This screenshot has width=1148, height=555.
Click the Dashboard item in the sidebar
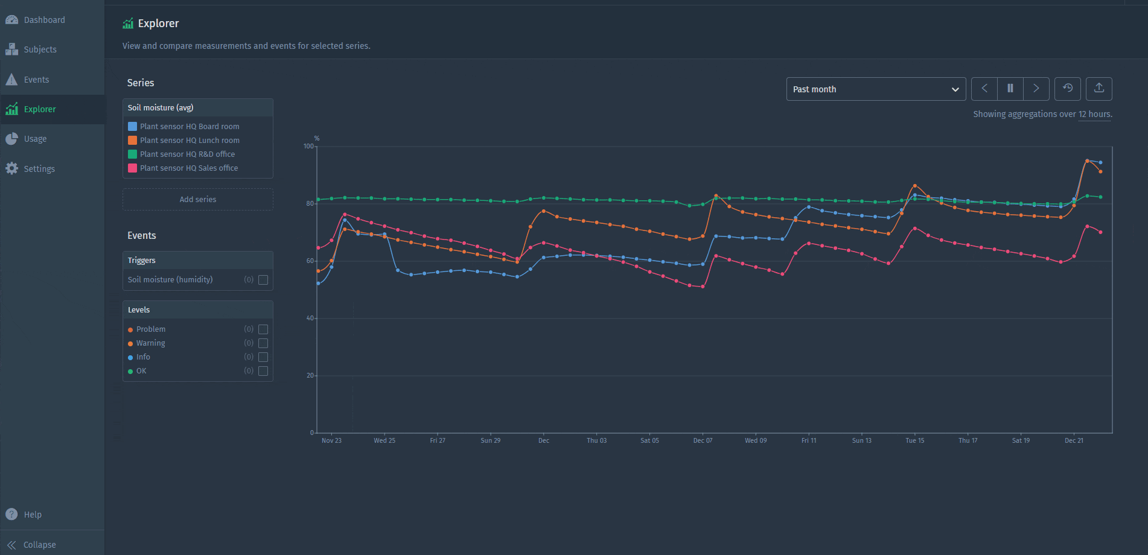click(44, 20)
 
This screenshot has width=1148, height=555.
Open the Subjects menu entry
click(40, 49)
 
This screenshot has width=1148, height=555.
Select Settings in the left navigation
click(39, 169)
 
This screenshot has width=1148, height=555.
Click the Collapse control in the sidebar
click(39, 545)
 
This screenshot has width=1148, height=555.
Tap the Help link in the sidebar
click(33, 515)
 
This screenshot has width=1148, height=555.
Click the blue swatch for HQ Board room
click(132, 127)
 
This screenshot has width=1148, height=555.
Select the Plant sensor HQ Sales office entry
click(189, 168)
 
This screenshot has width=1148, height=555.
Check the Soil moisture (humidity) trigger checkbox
click(263, 280)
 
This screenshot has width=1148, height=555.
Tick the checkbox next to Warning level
click(263, 343)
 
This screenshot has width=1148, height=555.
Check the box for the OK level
click(263, 371)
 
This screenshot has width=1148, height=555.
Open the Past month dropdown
click(876, 89)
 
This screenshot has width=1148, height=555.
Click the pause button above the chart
click(1010, 89)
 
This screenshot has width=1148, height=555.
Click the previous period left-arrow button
click(984, 89)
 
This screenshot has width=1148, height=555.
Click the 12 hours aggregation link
click(1094, 115)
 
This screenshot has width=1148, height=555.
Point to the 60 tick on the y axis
click(310, 261)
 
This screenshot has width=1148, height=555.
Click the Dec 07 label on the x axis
click(703, 440)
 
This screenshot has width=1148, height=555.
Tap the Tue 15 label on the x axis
click(914, 440)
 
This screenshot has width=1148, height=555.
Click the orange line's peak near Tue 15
click(915, 186)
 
